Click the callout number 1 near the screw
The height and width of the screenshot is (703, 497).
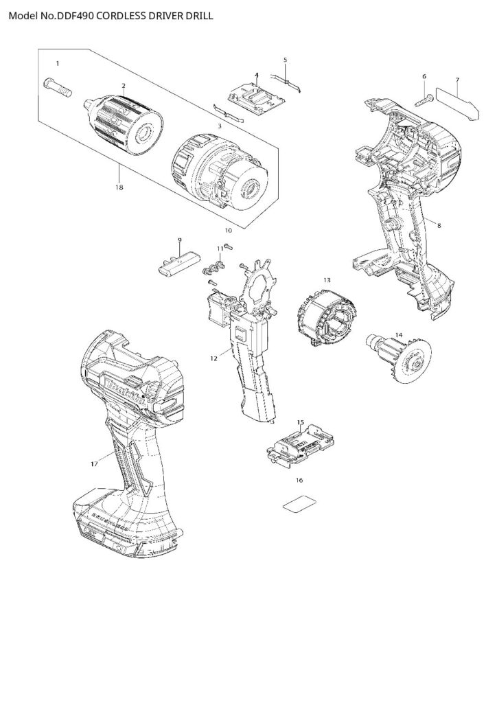tap(58, 64)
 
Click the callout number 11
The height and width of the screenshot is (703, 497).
tap(220, 248)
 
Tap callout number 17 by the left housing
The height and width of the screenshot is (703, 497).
tap(94, 465)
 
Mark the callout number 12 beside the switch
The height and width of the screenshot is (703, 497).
tap(213, 358)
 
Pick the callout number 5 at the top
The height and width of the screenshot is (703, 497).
tap(285, 60)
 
